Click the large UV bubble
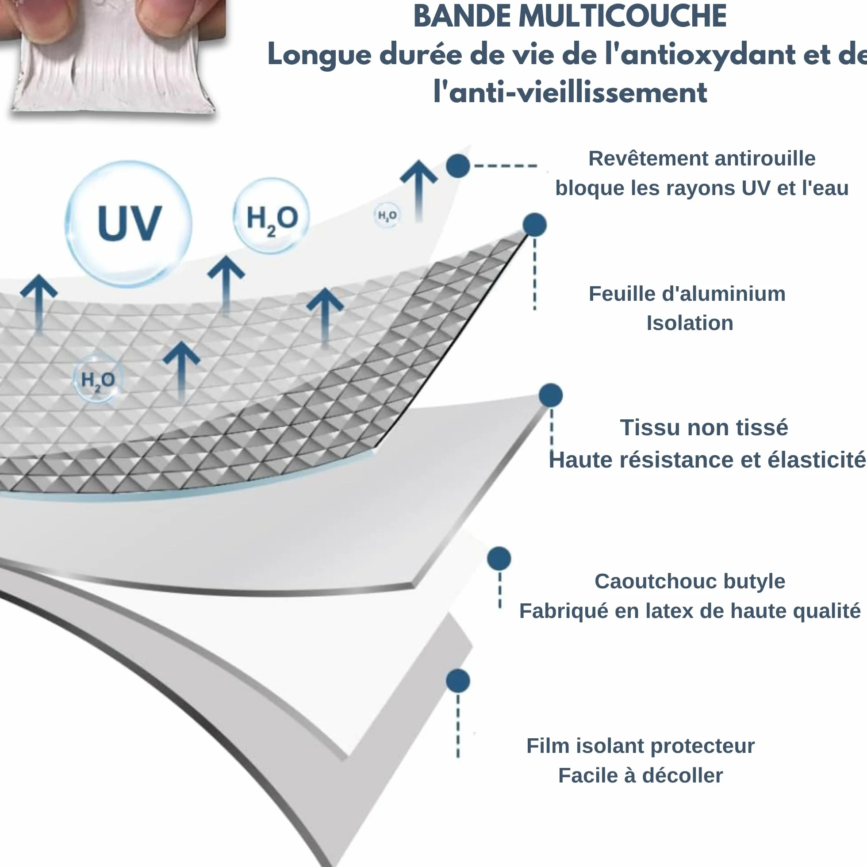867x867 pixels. pos(129,224)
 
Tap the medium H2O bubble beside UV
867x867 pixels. pos(272,216)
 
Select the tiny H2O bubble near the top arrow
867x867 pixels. pos(387,215)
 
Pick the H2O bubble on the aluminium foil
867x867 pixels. pos(97,379)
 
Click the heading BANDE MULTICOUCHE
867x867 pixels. pos(569,17)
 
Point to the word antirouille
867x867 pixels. pos(765,158)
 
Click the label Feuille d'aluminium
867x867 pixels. pos(687,294)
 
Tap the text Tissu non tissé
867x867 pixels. pos(704,427)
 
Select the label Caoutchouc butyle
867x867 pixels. pos(690,581)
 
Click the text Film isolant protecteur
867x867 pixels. pos(641,746)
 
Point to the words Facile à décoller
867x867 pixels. pos(641,775)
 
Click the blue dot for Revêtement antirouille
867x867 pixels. pos(458,166)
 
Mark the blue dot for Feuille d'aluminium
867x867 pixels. pos(534,224)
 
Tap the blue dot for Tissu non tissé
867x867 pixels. pos(551,395)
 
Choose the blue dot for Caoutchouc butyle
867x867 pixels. pos(499,559)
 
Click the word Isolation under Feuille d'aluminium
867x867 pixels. pos(690,323)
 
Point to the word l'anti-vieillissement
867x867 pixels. pos(570,92)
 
